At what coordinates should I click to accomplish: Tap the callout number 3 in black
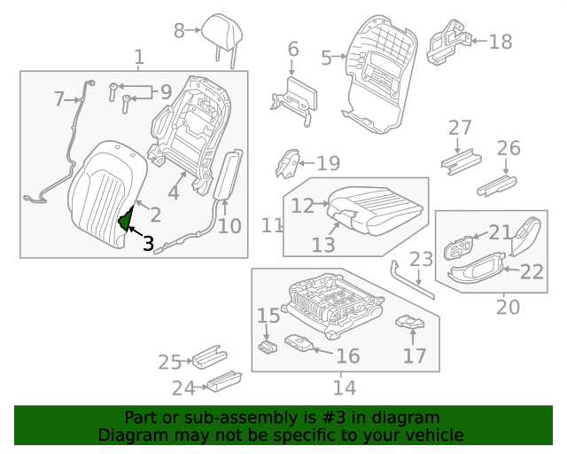tap(148, 242)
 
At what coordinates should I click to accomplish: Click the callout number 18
tap(501, 41)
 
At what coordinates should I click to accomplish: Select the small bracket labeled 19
tap(286, 163)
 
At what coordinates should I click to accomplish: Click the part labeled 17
tap(408, 325)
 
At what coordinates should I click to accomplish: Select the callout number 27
tap(460, 128)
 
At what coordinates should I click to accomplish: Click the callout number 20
tap(508, 306)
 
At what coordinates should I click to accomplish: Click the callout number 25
tap(169, 361)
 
